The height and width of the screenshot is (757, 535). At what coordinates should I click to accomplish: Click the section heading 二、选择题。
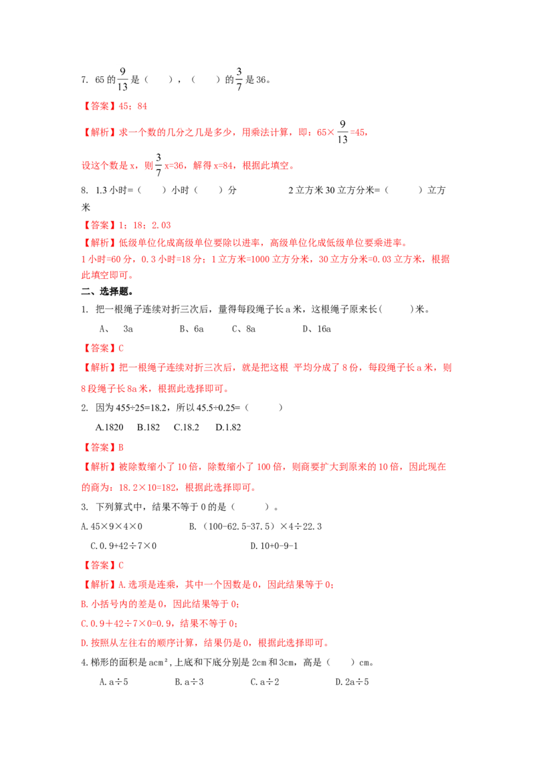click(107, 292)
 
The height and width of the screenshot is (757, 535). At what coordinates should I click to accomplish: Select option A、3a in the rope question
click(116, 329)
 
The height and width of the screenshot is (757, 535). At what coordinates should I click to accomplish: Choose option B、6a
click(192, 329)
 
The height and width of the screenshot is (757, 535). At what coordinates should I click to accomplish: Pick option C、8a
click(244, 329)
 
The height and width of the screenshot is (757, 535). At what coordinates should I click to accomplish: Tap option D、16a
click(317, 329)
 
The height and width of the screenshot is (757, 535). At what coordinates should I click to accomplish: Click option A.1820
click(110, 427)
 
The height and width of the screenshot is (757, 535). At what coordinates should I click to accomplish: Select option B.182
click(148, 427)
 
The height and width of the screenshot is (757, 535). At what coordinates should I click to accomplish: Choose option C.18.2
click(187, 427)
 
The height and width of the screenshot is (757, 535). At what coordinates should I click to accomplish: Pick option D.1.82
click(229, 427)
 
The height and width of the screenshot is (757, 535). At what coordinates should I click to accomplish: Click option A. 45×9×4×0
click(112, 526)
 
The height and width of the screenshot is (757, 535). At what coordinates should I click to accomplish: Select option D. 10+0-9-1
click(274, 546)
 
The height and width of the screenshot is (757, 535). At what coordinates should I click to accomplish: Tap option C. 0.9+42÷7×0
click(124, 546)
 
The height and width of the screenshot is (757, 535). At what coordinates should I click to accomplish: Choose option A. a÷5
click(114, 681)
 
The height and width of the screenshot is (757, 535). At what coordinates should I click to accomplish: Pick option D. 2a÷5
click(352, 681)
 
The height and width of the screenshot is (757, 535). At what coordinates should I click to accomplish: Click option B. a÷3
click(189, 681)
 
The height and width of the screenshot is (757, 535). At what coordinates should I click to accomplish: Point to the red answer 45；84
click(133, 106)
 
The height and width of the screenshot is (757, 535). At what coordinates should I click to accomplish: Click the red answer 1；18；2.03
click(145, 225)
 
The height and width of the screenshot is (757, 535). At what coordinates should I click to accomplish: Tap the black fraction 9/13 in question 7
click(122, 79)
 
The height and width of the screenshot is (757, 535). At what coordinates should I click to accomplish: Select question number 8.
click(84, 190)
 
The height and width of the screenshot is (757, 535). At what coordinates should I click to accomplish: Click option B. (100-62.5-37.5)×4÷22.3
click(255, 526)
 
